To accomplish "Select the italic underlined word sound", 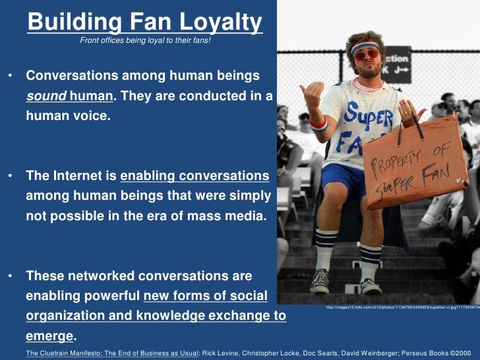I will (46, 96).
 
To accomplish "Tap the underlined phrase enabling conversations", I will (195, 176).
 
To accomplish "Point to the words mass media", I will (231, 216).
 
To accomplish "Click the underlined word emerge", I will (49, 336).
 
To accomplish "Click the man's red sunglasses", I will (367, 55).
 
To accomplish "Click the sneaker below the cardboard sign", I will (370, 285).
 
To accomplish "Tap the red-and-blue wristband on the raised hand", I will (318, 123).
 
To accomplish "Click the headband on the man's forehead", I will (365, 45).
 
